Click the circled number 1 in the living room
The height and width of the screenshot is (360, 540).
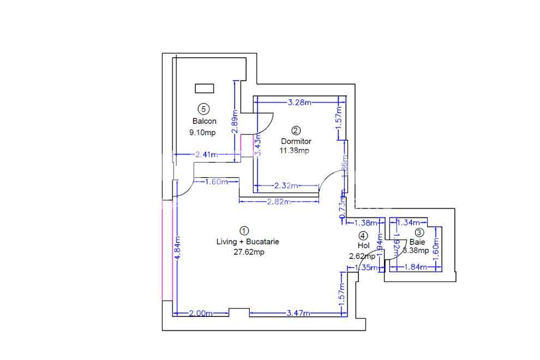pyautogui.click(x=244, y=231)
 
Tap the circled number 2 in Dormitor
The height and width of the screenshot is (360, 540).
pyautogui.click(x=296, y=130)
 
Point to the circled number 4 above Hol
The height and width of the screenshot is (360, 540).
pyautogui.click(x=363, y=236)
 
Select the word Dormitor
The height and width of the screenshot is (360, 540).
pyautogui.click(x=296, y=141)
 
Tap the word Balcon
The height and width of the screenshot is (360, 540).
pyautogui.click(x=204, y=121)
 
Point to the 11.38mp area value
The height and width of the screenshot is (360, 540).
pyautogui.click(x=294, y=151)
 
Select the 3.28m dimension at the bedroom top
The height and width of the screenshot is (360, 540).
pyautogui.click(x=299, y=102)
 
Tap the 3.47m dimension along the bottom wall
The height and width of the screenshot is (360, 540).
pyautogui.click(x=298, y=313)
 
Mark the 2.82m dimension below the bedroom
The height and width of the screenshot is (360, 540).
pyautogui.click(x=278, y=201)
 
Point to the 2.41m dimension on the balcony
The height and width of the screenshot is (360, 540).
pyautogui.click(x=206, y=155)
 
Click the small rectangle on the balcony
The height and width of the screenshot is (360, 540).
pyautogui.click(x=204, y=88)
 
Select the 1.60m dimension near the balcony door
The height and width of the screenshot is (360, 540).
pyautogui.click(x=217, y=182)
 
